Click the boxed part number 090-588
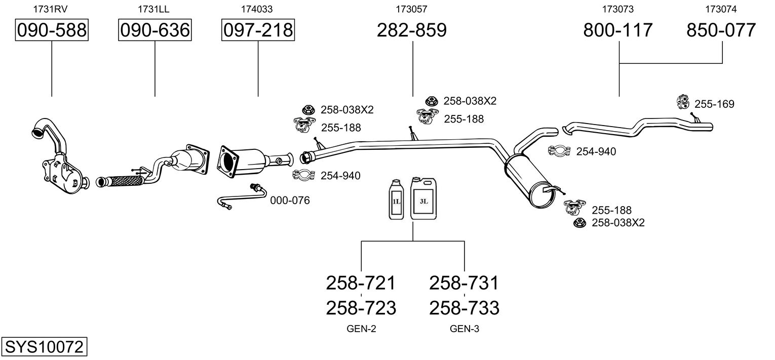click(52, 30)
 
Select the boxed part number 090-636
click(155, 30)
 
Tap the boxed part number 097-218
click(258, 30)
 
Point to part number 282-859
click(412, 30)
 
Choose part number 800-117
click(618, 30)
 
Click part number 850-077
click(721, 30)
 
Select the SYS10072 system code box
click(44, 347)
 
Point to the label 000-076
click(290, 201)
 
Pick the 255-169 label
click(714, 104)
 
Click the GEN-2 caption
click(361, 329)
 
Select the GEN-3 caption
click(464, 329)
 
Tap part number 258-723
click(361, 307)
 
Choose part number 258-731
click(464, 283)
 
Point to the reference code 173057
click(411, 9)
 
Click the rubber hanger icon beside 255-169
click(683, 102)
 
